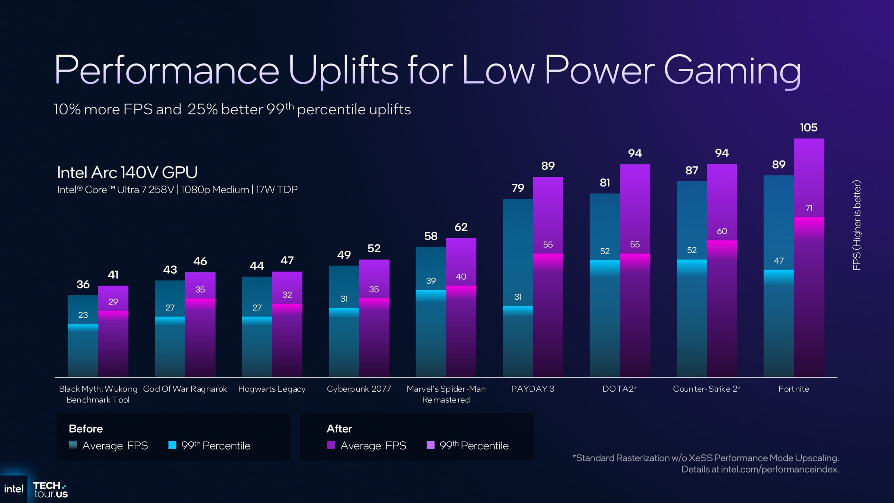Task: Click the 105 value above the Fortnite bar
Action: point(809,127)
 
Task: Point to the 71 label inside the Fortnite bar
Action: point(809,208)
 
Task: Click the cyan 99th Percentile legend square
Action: point(172,445)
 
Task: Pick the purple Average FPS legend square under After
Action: point(331,445)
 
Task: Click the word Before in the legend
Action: point(86,429)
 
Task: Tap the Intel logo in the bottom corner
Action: point(14,489)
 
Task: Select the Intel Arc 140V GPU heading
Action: point(127,173)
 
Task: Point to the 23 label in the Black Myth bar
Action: point(83,315)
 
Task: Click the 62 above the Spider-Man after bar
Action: point(461,227)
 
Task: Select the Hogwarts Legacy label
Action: point(272,389)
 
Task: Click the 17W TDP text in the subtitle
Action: point(277,190)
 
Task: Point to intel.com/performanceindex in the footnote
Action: point(780,469)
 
